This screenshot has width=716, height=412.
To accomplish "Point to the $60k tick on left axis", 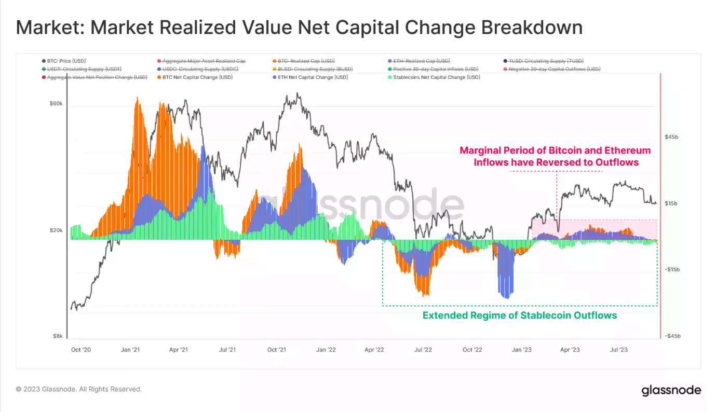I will (x=55, y=104).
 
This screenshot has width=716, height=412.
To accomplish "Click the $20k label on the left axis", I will (x=55, y=230).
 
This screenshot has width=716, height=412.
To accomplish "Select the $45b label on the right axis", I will (x=671, y=137).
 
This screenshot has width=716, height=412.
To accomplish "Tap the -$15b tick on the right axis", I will (x=672, y=270).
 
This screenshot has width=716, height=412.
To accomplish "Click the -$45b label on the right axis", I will (x=672, y=336).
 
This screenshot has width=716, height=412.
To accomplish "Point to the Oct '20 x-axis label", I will (x=80, y=350).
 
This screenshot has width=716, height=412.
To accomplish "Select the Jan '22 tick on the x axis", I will (x=326, y=350).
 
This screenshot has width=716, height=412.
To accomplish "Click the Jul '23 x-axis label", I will (x=618, y=350).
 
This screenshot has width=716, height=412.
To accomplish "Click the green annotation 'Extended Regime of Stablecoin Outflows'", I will (x=519, y=315).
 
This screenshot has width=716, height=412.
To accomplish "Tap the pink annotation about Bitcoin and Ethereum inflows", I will (x=555, y=156).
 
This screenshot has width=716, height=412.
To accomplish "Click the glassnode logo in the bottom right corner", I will (x=671, y=390).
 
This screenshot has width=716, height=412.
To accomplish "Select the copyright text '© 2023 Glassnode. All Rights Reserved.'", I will (x=79, y=389).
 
